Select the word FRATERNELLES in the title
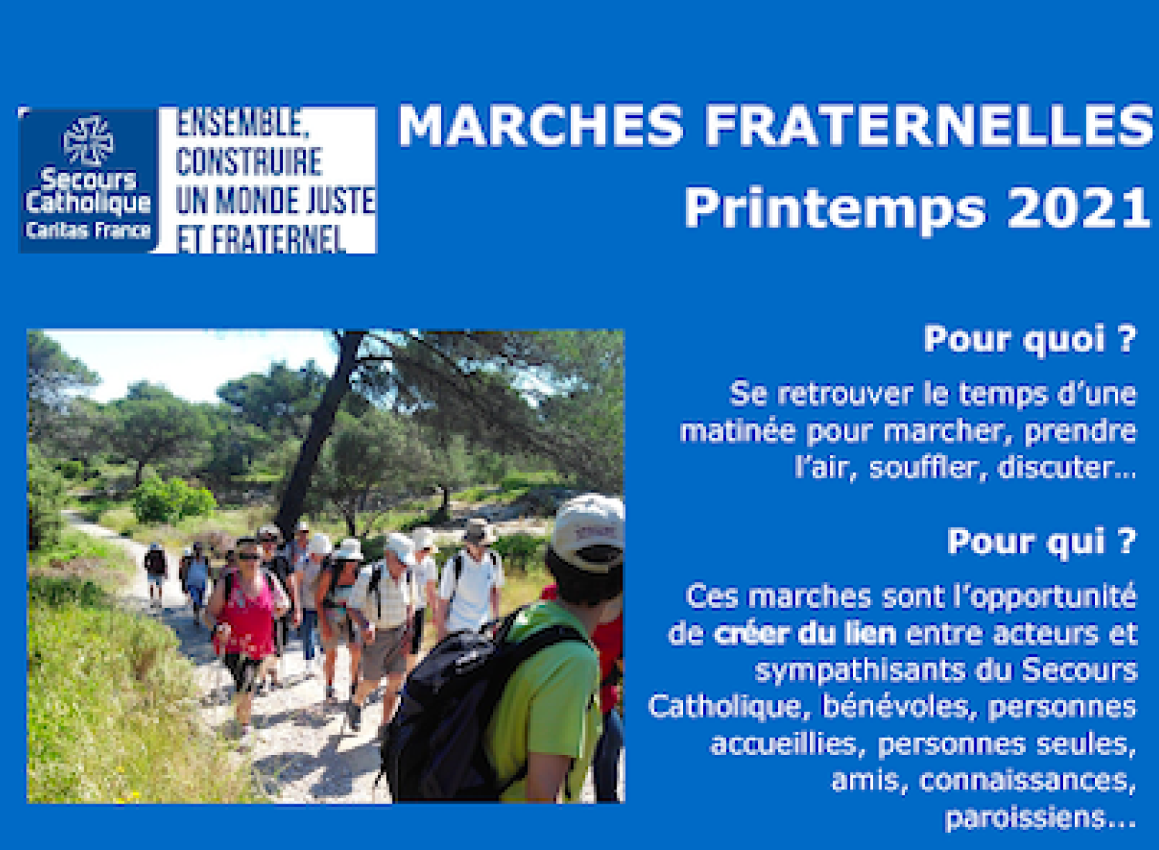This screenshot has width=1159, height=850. [x=930, y=125]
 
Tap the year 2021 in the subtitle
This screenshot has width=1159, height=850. [x=1079, y=207]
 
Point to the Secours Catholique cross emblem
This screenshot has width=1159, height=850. [x=88, y=141]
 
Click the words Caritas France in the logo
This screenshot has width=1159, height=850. [x=88, y=230]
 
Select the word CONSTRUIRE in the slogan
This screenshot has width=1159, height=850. [x=249, y=161]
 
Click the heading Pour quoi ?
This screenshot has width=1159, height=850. [x=1030, y=340]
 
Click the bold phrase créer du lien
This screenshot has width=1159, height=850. [x=805, y=634]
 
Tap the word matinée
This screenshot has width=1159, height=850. [x=738, y=431]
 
